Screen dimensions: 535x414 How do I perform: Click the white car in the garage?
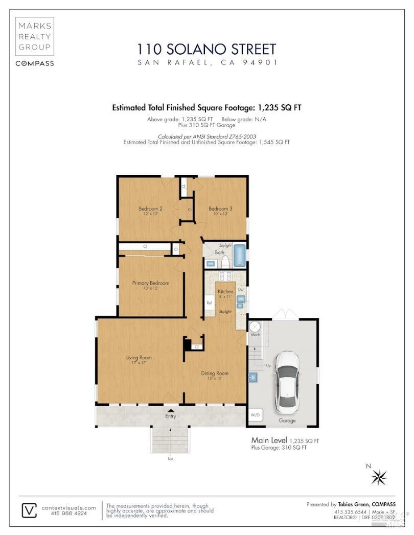(x=287, y=381)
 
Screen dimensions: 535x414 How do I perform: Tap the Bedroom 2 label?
(x=151, y=208)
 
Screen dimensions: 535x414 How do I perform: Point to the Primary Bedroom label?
(x=150, y=283)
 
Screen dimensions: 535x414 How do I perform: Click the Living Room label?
(x=139, y=357)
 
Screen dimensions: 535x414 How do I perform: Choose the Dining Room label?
(x=214, y=373)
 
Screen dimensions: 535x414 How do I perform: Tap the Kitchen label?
(x=225, y=291)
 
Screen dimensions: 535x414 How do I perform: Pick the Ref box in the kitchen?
(x=209, y=303)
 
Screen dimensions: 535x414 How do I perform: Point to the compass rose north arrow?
(x=379, y=477)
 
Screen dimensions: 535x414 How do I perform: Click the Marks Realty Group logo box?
(x=34, y=36)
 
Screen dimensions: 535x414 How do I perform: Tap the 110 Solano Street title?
(x=206, y=49)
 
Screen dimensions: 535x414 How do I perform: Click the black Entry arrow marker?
(x=171, y=410)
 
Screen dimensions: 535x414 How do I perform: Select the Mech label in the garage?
(x=255, y=335)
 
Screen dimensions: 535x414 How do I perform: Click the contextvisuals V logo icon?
(x=29, y=510)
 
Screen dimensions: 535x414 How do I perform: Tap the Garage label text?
(x=287, y=421)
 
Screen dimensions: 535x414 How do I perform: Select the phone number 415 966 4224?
(x=69, y=514)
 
